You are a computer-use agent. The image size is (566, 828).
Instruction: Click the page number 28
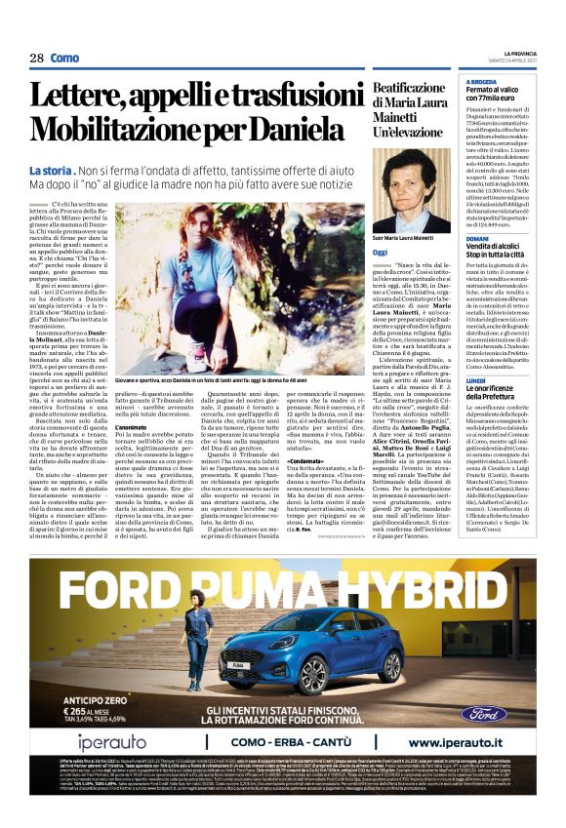(x=36, y=59)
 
